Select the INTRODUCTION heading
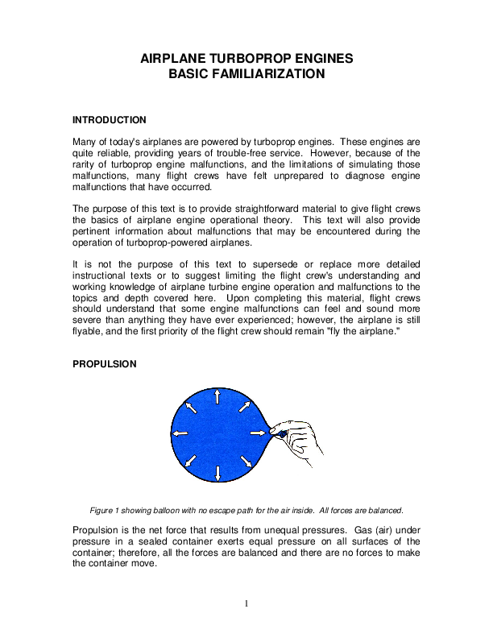[x=110, y=120]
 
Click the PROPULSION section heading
[x=105, y=364]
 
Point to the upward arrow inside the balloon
[x=217, y=396]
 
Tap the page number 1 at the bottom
[x=246, y=604]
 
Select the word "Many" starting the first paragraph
[x=85, y=141]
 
